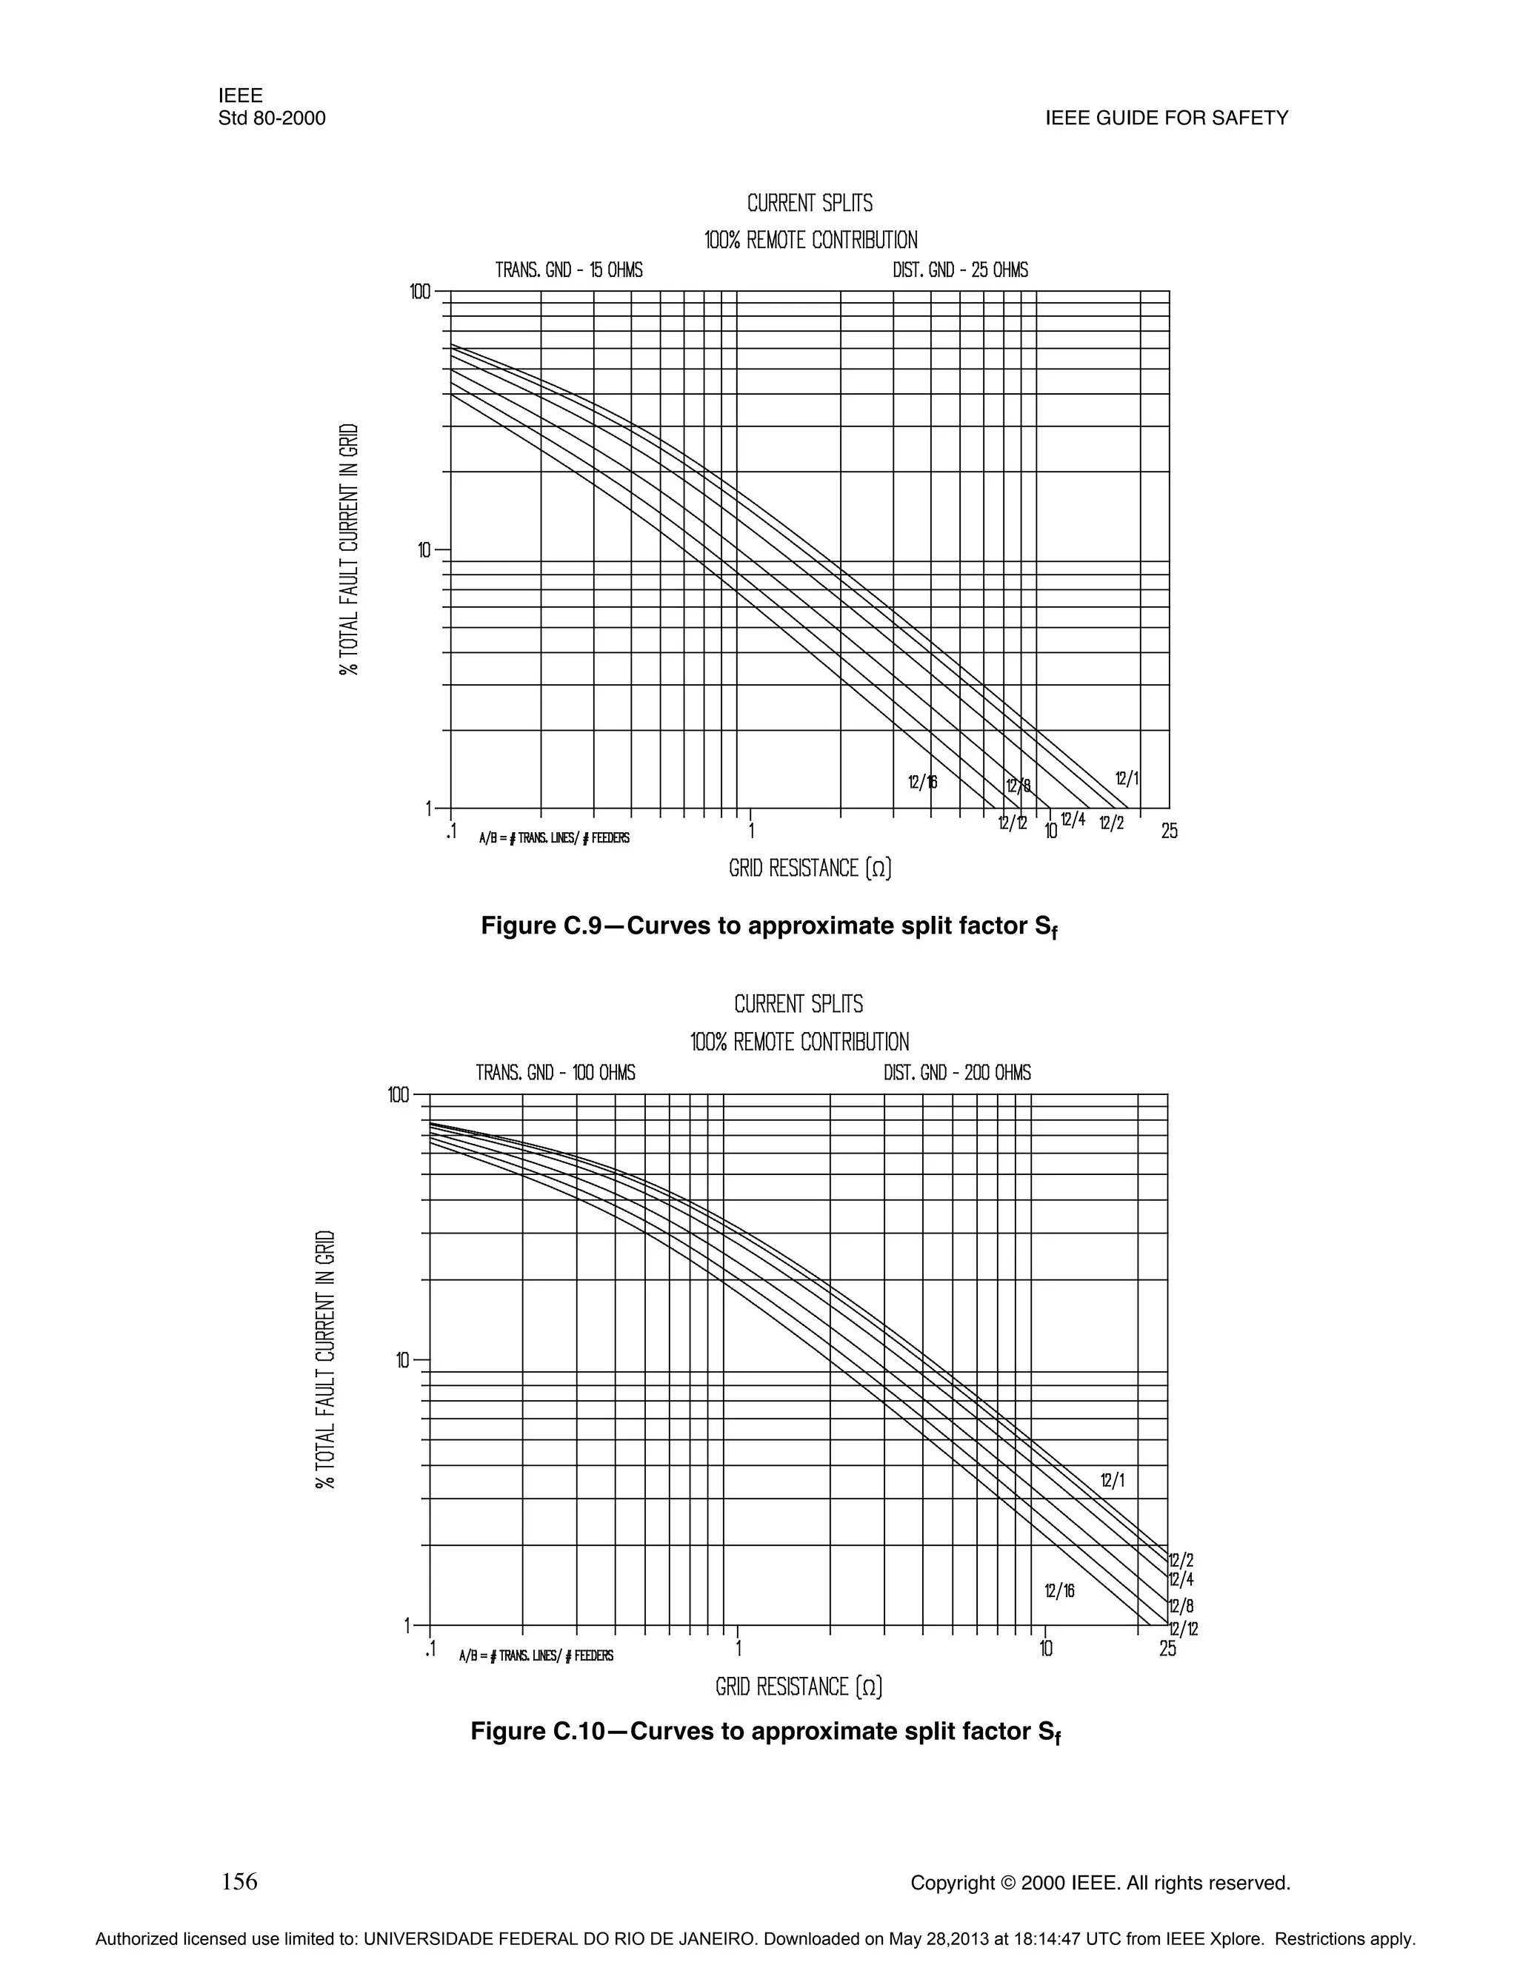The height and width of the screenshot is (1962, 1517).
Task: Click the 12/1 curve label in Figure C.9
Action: tap(1126, 778)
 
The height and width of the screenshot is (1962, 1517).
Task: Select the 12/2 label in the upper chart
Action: tap(1111, 822)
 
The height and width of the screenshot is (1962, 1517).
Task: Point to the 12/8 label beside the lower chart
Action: tap(1181, 1607)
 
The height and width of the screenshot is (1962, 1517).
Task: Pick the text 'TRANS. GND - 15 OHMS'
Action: tap(569, 270)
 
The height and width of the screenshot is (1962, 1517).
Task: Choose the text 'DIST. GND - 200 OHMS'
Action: tap(957, 1073)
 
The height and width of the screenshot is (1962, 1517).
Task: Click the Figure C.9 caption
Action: tap(770, 926)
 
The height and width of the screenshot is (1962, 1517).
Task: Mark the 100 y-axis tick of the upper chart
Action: tap(420, 292)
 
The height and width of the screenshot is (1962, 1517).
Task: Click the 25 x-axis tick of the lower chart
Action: tap(1167, 1649)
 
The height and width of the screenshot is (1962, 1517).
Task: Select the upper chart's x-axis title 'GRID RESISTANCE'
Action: tap(810, 868)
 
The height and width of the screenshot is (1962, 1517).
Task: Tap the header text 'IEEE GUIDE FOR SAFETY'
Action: tap(1167, 118)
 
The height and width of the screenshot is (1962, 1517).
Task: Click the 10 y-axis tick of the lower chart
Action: tap(404, 1360)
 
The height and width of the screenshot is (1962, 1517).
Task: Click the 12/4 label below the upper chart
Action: tap(1072, 820)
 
